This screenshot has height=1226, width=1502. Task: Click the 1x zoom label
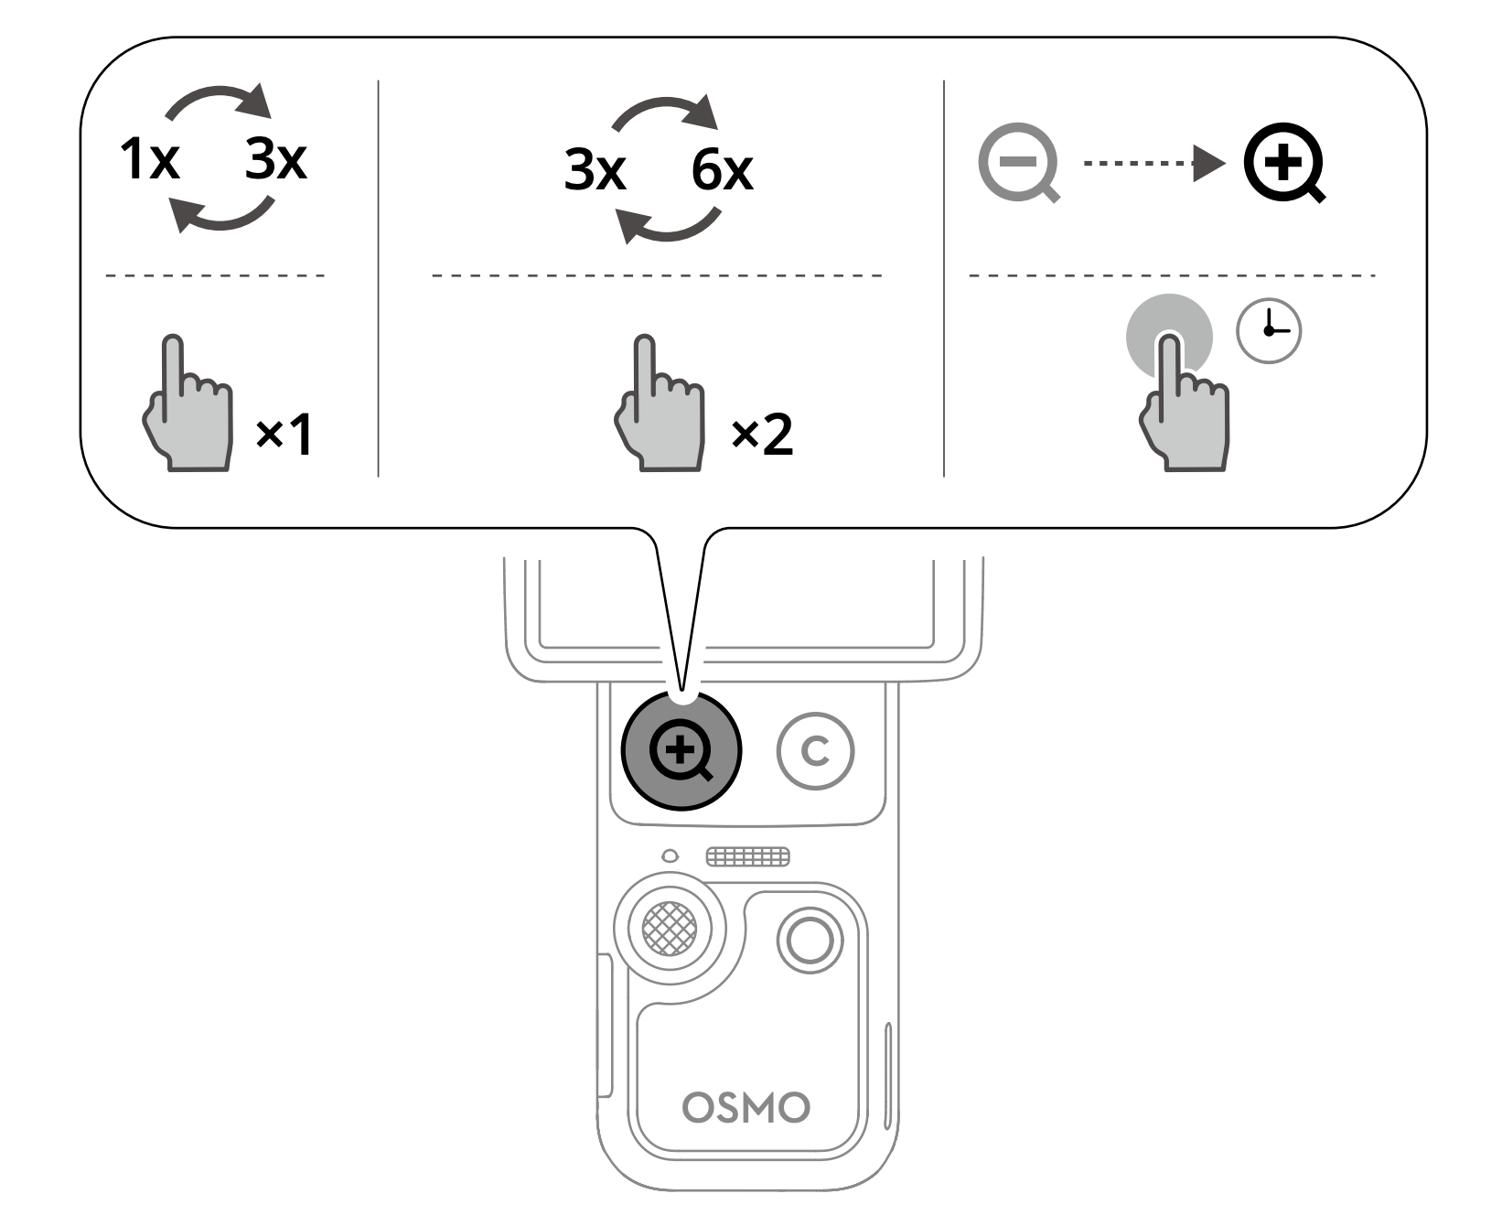point(149,159)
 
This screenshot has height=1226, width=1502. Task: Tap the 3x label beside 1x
point(275,159)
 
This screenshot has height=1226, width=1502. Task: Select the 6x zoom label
point(723,170)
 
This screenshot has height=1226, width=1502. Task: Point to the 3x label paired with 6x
point(595,170)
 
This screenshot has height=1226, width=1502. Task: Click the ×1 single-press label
point(284,434)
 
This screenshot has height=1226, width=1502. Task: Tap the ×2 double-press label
point(762,434)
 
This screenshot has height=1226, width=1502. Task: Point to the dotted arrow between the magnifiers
point(1154,165)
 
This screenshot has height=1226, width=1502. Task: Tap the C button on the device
point(815,751)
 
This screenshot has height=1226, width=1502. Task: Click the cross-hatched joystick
point(670,929)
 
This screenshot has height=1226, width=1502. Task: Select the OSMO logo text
point(746,1108)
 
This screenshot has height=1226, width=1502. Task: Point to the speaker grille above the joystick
point(747,857)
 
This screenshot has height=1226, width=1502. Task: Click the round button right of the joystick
point(810,940)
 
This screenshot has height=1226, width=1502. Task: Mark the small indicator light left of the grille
point(671,856)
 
